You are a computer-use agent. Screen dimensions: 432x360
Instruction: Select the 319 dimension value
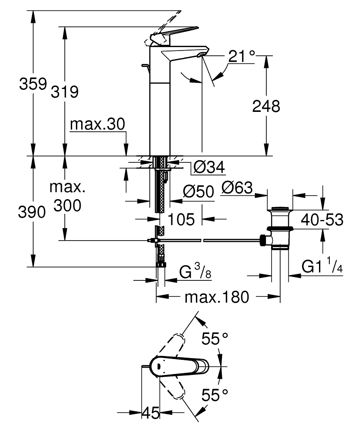point(65,91)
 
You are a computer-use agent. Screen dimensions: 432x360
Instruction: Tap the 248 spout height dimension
point(265,106)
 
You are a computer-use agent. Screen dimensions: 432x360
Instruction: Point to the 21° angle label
point(242,56)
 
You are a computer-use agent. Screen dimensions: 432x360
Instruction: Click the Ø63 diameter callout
point(237,188)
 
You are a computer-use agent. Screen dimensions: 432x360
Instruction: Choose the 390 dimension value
point(32,212)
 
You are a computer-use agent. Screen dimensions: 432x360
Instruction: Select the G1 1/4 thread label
point(322,267)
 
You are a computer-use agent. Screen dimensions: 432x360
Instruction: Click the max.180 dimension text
point(216,297)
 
